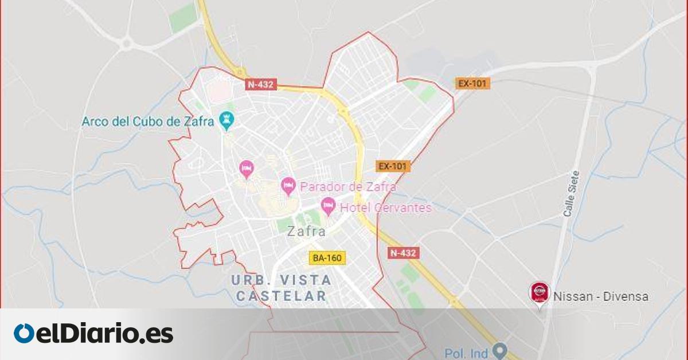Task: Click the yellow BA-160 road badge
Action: click(328, 258)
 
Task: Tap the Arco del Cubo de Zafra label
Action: click(147, 122)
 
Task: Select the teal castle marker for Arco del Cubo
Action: click(228, 120)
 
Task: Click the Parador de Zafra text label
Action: click(348, 187)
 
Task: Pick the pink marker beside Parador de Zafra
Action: click(288, 186)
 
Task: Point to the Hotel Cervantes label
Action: click(385, 208)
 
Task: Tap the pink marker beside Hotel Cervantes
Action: click(328, 206)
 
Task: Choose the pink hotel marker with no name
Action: click(247, 169)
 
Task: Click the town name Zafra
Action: click(307, 232)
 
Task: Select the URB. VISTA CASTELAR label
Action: click(282, 288)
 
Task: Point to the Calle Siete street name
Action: click(572, 194)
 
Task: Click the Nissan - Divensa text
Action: click(601, 297)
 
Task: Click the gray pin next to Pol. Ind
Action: click(501, 350)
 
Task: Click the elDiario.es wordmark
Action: click(104, 334)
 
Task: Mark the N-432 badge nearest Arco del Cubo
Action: click(261, 84)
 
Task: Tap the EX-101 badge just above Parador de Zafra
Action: click(393, 166)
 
